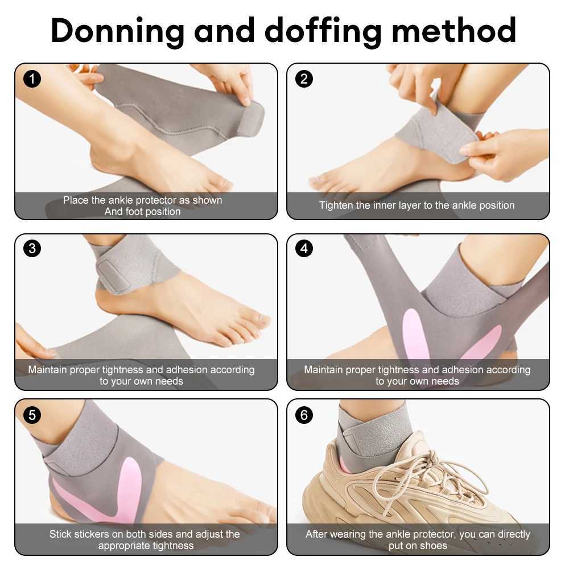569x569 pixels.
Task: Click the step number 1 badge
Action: click(x=32, y=79)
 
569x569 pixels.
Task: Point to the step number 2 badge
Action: click(x=304, y=79)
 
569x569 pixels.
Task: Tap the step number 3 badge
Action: click(x=32, y=249)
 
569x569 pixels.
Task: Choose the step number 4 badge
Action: click(x=304, y=249)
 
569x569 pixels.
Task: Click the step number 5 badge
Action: click(x=32, y=415)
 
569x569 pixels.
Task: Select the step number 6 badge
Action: click(x=304, y=415)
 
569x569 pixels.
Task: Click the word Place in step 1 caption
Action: click(x=75, y=200)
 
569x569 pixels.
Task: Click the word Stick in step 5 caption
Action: click(x=60, y=534)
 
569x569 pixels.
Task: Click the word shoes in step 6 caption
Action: click(x=433, y=546)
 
